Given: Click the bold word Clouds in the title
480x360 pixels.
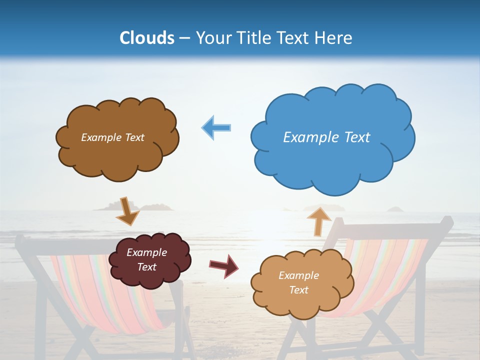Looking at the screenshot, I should click(147, 38).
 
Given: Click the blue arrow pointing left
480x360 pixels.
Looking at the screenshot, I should click(216, 127).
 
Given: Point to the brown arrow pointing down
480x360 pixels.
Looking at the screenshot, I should click(127, 211).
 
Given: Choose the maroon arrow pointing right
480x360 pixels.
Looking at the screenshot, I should click(223, 265).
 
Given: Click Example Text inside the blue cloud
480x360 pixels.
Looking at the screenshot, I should click(326, 137).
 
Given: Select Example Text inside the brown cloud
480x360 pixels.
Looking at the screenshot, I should click(112, 137).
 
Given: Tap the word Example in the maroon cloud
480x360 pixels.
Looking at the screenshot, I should click(146, 252).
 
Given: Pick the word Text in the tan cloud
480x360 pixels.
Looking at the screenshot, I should click(298, 290).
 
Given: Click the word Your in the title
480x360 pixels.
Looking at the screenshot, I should click(214, 38).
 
